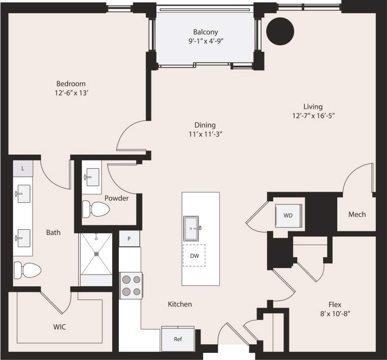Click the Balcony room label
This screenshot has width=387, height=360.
[x=205, y=32]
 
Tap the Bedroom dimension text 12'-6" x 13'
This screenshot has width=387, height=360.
[x=71, y=93]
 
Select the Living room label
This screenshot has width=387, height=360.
[x=313, y=106]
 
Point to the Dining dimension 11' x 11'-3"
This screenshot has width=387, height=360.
[x=205, y=134]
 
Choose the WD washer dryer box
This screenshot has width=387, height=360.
[x=288, y=215]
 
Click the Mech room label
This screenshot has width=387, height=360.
[x=357, y=214]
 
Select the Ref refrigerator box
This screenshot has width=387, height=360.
[x=178, y=339]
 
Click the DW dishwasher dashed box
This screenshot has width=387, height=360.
[x=194, y=256]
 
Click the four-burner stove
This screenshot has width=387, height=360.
[x=131, y=285]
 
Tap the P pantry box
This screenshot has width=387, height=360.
[x=129, y=238]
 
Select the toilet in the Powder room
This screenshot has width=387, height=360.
[x=96, y=208]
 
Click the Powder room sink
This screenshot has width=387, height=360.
[x=92, y=177]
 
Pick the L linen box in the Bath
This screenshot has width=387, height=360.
[x=23, y=168]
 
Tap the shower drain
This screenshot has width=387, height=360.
[x=95, y=253]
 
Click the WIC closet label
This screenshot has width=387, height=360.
[x=59, y=326]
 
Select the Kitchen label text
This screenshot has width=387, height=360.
[x=180, y=304]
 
